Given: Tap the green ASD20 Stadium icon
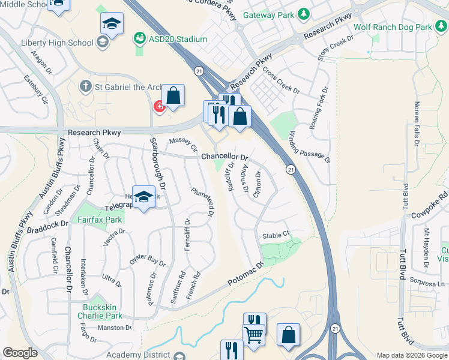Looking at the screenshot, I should pyautogui.click(x=140, y=39).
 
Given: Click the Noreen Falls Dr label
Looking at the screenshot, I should pyautogui.click(x=416, y=124).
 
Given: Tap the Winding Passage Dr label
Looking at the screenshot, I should pyautogui.click(x=310, y=146).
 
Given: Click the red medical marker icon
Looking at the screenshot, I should pyautogui.click(x=159, y=107).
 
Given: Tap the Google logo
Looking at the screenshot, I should pyautogui.click(x=20, y=353).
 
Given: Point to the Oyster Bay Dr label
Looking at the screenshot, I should pyautogui.click(x=147, y=260).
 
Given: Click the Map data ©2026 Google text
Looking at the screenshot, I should pyautogui.click(x=411, y=355).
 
